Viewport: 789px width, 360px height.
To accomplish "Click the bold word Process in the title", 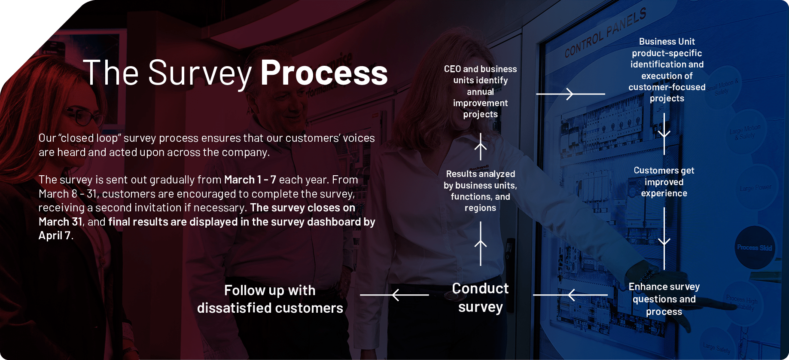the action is [x=324, y=73].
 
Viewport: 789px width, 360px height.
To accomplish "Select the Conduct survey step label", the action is [x=480, y=297].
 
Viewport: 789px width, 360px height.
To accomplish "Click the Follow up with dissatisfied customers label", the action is [x=270, y=299].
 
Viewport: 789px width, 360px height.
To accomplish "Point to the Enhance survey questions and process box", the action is [x=664, y=299].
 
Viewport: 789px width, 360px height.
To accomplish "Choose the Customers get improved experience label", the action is [x=664, y=182].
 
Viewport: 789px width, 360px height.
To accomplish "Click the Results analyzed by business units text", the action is [x=480, y=191].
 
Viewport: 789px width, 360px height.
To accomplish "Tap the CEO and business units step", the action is [x=480, y=92].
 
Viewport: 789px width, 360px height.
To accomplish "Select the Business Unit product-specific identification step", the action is [x=667, y=70].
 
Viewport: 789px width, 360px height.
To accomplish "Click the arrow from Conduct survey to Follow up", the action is [x=394, y=295].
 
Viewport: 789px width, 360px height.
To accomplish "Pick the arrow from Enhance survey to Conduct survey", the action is [x=570, y=295].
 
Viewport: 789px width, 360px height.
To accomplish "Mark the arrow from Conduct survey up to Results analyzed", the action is [x=481, y=244].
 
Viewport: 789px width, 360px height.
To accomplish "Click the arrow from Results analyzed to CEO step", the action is [x=481, y=146].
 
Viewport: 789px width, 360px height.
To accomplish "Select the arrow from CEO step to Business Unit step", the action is [x=570, y=94].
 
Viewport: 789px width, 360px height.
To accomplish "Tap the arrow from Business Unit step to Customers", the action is [x=664, y=134].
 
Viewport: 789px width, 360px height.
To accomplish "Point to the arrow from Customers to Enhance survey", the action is [x=664, y=239].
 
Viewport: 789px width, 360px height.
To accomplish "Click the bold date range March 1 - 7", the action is [x=250, y=180].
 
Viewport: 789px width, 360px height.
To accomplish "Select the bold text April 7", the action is [x=55, y=235].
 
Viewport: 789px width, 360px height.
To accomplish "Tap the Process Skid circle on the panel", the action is [x=754, y=247].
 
